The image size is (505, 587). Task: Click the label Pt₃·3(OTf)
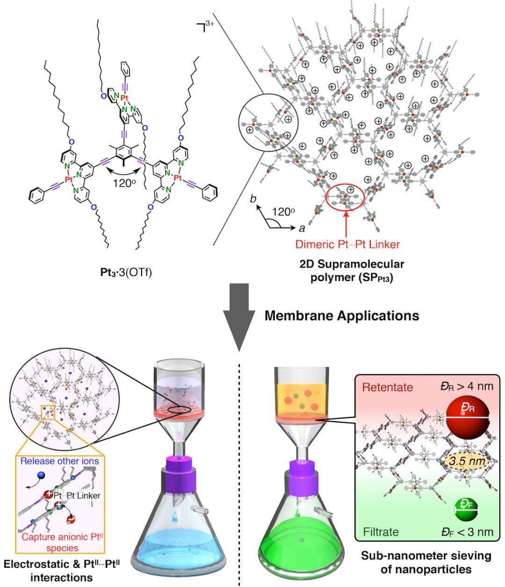[x=126, y=272]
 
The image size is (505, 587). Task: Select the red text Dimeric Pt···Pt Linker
[x=347, y=244]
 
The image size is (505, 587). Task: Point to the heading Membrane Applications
[x=342, y=315]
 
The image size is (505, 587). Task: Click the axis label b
[x=253, y=199]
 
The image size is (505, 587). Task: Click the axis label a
[x=302, y=228]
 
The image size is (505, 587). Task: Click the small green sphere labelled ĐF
[x=466, y=510]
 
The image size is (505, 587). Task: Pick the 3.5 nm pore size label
[x=466, y=461]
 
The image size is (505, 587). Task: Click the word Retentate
[x=387, y=387]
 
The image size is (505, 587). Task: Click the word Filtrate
[x=381, y=532]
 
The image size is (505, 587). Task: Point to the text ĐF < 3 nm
[x=467, y=532]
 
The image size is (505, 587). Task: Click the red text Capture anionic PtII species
[x=62, y=543]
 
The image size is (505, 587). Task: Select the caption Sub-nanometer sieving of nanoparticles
[x=426, y=562]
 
